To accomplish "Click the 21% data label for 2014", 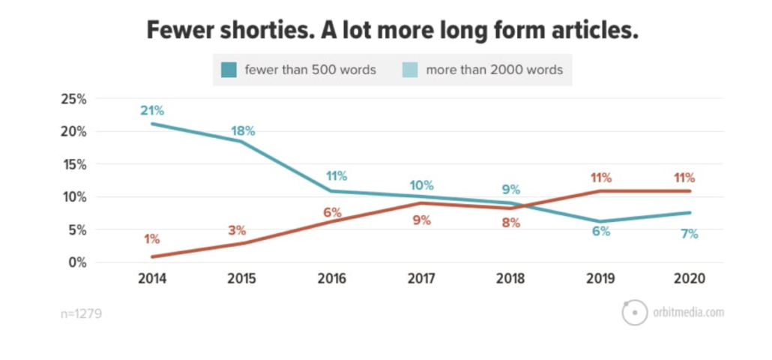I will [x=151, y=111].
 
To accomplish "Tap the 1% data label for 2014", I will [x=151, y=239].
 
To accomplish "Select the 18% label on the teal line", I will [x=242, y=130].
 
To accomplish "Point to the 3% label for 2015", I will [x=238, y=229].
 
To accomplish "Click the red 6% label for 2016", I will [x=332, y=212].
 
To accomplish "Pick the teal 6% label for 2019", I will [x=600, y=232].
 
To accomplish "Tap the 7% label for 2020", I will [x=690, y=233].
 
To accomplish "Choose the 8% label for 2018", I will [x=511, y=223].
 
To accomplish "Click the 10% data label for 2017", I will [x=421, y=185].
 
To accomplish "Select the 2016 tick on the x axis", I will [x=331, y=279].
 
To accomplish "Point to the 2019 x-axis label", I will [x=600, y=279].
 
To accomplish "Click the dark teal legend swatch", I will [x=229, y=70].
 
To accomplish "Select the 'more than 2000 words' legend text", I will [x=494, y=70].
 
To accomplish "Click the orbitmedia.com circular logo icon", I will [x=634, y=312].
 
